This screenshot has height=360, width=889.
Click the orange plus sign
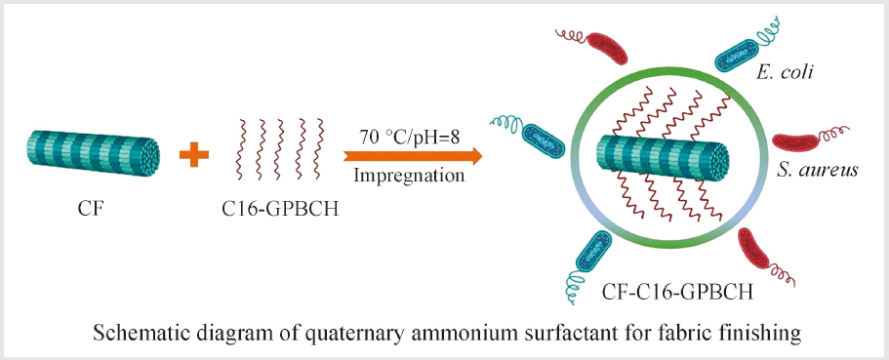[194, 154]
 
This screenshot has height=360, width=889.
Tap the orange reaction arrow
[412, 155]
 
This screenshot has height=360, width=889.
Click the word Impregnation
[409, 176]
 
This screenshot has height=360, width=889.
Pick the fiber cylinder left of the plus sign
[93, 151]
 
